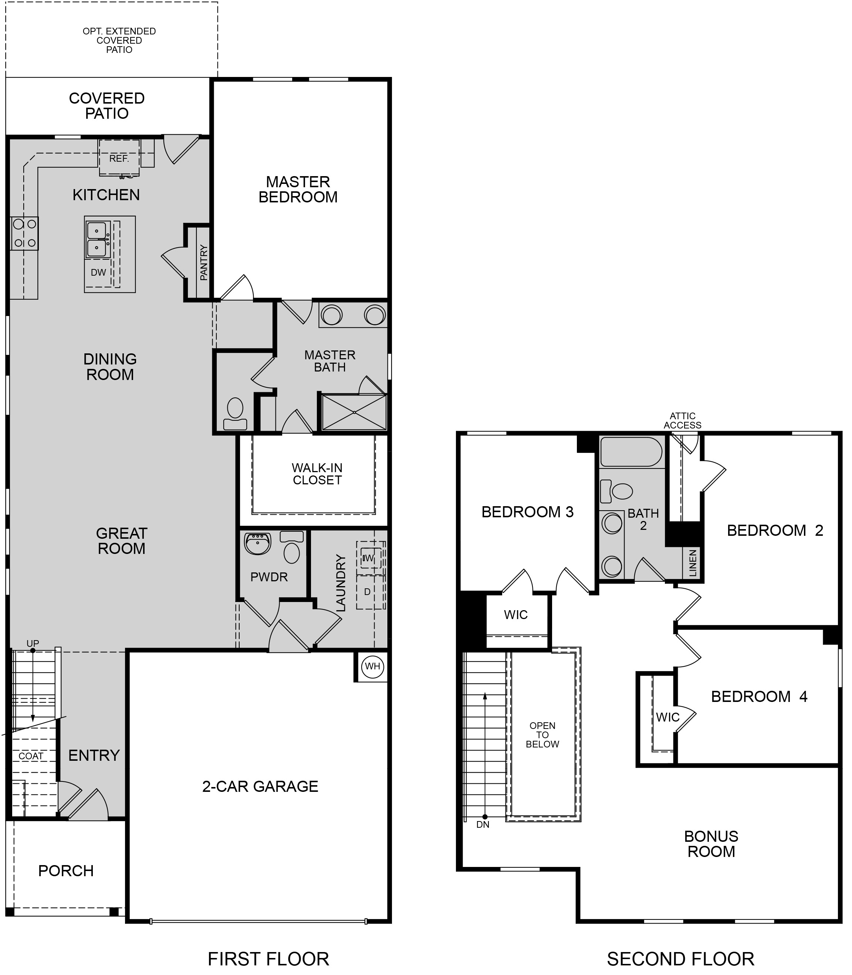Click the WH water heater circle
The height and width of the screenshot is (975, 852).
tap(373, 666)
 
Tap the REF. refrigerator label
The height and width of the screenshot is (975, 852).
tap(119, 158)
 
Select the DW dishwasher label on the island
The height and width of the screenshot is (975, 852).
tap(98, 273)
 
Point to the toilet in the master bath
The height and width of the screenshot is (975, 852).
tap(235, 414)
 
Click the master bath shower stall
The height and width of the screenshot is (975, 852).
tap(354, 412)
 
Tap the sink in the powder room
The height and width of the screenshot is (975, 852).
tap(258, 543)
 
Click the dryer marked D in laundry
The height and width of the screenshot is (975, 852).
tap(369, 592)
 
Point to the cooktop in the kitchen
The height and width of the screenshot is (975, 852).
tap(25, 233)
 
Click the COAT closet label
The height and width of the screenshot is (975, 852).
tap(31, 756)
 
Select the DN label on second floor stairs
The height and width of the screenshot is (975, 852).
tap(483, 825)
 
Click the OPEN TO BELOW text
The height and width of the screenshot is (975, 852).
tap(542, 735)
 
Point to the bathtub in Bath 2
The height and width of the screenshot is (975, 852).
tap(631, 452)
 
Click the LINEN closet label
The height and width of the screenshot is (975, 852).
tap(693, 563)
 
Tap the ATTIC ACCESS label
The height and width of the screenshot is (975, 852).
tap(683, 420)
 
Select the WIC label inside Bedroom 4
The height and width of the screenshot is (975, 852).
tap(668, 717)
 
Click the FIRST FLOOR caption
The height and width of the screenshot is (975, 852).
tap(268, 959)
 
